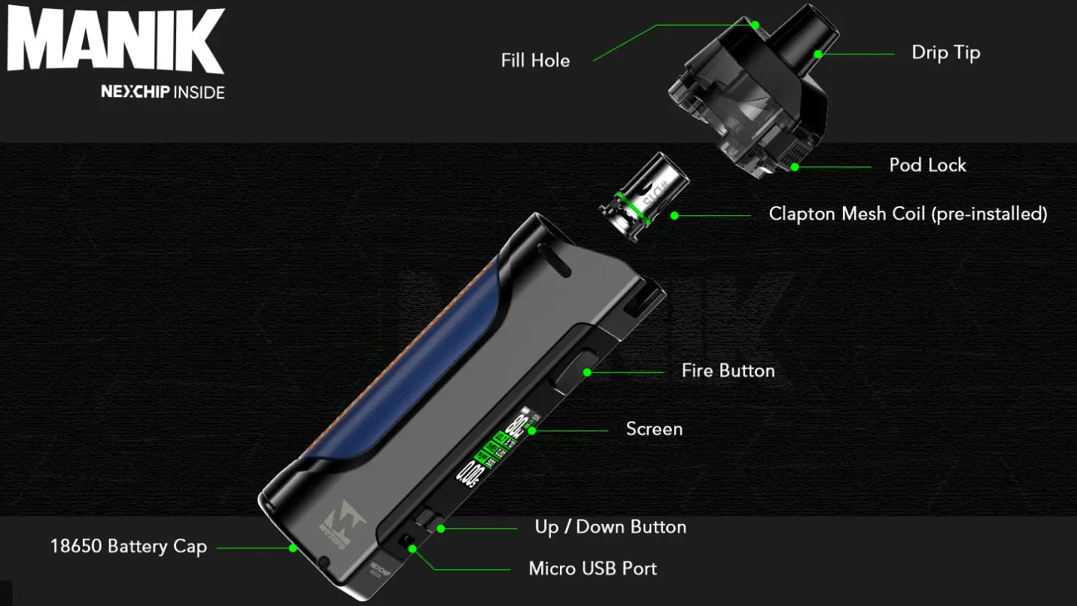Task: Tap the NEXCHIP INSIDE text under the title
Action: tap(163, 93)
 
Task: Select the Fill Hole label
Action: tap(535, 61)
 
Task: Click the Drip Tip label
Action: tap(945, 53)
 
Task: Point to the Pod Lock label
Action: tap(927, 166)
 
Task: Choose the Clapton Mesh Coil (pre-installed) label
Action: tap(908, 214)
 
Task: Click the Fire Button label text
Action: tap(728, 370)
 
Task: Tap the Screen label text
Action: tap(654, 429)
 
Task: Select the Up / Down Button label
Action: tap(610, 527)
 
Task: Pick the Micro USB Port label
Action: tap(592, 568)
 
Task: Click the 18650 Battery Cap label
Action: tap(129, 546)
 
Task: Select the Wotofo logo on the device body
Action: tap(345, 519)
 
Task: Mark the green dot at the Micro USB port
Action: tap(412, 549)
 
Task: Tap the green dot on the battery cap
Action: tap(293, 548)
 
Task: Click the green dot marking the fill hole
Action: tap(755, 25)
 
